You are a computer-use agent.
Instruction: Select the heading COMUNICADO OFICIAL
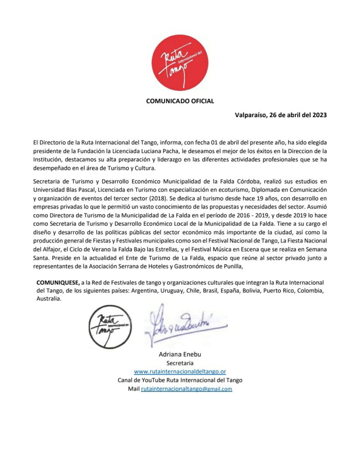180,101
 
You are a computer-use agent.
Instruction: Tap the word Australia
49,299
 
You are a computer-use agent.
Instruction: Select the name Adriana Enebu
180,354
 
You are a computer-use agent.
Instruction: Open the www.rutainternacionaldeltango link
180,371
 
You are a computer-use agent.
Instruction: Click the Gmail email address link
186,389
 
